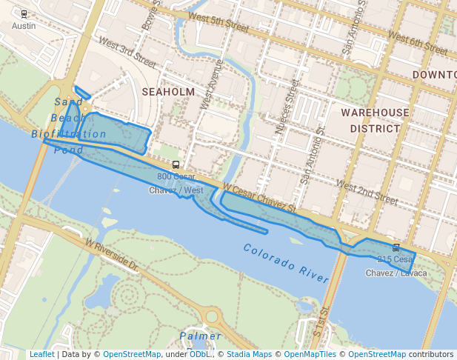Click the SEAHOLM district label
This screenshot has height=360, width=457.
[x=168, y=92]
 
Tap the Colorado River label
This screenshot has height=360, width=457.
[x=285, y=263]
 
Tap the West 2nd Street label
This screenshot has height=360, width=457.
[x=367, y=192]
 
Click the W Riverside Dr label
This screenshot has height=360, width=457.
[x=112, y=253]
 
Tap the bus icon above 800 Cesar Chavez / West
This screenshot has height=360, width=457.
[x=176, y=165]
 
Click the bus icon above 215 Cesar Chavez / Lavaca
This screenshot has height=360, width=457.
[x=396, y=247]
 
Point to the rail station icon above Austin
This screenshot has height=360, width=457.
[x=24, y=14]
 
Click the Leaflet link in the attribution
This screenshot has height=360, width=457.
[x=41, y=354]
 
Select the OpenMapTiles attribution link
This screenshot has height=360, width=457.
[x=313, y=354]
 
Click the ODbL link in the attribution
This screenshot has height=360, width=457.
[x=200, y=354]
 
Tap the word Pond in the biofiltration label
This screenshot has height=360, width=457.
[x=69, y=150]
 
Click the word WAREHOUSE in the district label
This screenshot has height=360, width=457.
[x=375, y=113]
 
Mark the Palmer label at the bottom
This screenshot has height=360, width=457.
[x=200, y=336]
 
